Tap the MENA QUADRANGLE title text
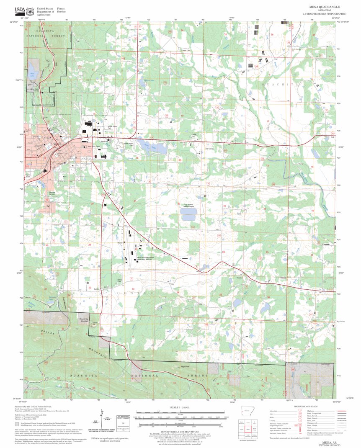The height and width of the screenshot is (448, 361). pos(325,7)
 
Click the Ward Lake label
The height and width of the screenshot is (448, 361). pos(32,75)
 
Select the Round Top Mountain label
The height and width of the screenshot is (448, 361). pos(84,320)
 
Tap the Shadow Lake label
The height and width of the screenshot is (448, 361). pos(149,80)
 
